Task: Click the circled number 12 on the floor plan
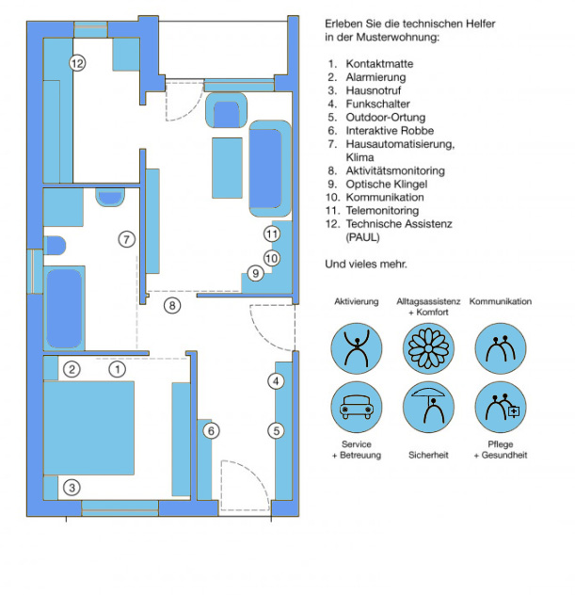[77, 63]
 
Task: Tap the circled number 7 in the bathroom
[127, 239]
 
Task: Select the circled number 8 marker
[172, 305]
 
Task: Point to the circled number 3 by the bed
[72, 488]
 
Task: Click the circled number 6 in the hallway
[211, 430]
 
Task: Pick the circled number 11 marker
[272, 233]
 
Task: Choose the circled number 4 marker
[276, 381]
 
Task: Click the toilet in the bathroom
[55, 246]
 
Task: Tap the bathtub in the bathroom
[64, 308]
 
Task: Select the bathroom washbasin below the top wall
[110, 198]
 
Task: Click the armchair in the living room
[227, 110]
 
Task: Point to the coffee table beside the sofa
[227, 168]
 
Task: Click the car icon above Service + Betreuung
[356, 407]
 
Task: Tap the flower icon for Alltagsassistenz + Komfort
[428, 348]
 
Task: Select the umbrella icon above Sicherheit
[428, 407]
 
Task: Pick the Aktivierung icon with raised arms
[356, 348]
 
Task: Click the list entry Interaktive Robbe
[390, 131]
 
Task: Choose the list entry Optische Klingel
[387, 184]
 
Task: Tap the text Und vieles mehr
[366, 265]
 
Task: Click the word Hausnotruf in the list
[374, 90]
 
